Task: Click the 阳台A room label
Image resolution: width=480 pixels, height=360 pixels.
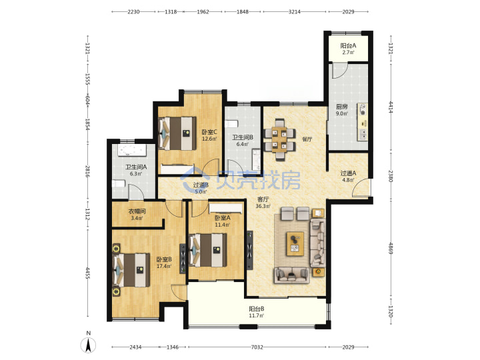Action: [x=349, y=45]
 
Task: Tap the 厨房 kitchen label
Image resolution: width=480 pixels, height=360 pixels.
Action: [x=341, y=107]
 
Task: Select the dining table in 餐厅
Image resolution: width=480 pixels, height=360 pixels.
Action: [x=280, y=139]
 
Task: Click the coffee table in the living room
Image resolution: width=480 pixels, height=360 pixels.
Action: [x=295, y=244]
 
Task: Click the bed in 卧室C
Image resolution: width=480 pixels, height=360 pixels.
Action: [x=177, y=133]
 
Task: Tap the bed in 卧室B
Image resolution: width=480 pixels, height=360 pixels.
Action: [x=131, y=270]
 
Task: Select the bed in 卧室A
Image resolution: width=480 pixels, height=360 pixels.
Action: [x=208, y=250]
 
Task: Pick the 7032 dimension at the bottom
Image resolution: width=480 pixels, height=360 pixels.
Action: [x=257, y=347]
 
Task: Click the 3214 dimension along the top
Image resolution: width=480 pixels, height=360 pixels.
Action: [x=295, y=11]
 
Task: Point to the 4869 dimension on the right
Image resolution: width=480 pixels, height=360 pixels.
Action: [x=391, y=248]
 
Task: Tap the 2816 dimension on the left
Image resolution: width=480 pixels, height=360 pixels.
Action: [x=87, y=171]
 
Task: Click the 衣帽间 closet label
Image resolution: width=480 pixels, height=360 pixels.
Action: [x=137, y=211]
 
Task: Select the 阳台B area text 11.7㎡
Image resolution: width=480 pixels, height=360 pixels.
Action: [x=257, y=315]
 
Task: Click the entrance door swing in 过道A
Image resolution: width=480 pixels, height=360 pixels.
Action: [x=360, y=187]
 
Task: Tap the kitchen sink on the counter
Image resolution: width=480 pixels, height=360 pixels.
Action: [x=363, y=133]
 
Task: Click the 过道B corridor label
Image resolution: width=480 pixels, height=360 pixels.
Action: [x=201, y=185]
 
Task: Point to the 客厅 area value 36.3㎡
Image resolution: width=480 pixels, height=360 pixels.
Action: [x=263, y=206]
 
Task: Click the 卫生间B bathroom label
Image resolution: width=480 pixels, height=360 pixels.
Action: [x=243, y=137]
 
